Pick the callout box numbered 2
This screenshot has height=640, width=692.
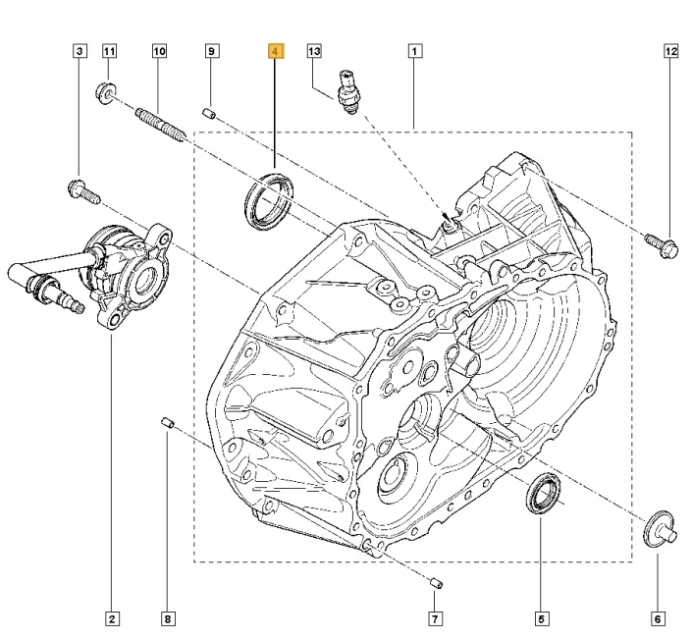pos(112,618)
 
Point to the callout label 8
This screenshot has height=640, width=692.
pos(168,618)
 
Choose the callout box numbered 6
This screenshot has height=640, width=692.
pos(658,618)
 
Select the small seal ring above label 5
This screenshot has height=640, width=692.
pos(542,494)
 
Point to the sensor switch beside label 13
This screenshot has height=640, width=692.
pos(347,89)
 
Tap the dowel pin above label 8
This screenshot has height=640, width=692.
pos(167,423)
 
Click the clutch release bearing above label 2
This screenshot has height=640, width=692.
pos(126,273)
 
